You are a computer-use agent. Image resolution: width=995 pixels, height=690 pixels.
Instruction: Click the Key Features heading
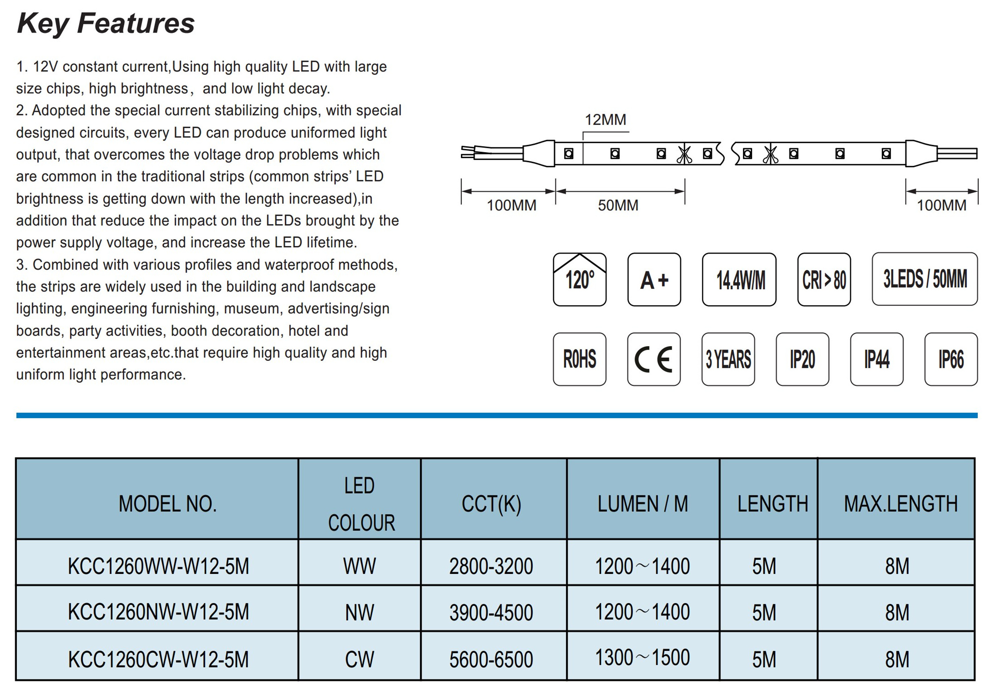pos(106,24)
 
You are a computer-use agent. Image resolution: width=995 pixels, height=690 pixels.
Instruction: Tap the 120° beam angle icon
pos(579,280)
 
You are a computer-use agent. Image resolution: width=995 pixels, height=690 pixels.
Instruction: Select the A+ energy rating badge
pos(654,280)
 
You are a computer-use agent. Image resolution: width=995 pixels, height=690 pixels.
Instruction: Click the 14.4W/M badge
pos(739,280)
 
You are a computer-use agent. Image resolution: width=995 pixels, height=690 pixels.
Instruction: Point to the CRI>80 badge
pos(824,280)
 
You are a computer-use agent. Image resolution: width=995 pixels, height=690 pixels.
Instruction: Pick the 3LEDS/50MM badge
pos(924,279)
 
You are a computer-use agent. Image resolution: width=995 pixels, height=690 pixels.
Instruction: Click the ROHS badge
pos(579,359)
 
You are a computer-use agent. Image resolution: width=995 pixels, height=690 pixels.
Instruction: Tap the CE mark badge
pos(654,359)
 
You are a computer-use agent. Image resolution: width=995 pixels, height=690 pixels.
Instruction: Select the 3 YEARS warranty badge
pos(728,359)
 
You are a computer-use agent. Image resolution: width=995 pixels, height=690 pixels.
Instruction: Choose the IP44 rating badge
pos(877,359)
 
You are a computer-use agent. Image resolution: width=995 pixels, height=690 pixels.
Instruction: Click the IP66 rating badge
pos(951,359)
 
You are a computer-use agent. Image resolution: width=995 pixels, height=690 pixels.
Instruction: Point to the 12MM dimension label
pos(605,120)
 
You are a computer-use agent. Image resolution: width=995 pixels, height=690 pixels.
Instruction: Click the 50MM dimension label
pos(618,205)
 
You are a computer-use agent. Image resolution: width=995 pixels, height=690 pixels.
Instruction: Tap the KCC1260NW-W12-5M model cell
pos(158,612)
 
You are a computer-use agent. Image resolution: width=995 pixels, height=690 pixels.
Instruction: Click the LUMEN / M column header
pos(642,504)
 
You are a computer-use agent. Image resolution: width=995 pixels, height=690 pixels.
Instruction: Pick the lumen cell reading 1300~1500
pos(642,658)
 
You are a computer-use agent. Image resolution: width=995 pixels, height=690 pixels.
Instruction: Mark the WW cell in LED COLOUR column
pos(359,566)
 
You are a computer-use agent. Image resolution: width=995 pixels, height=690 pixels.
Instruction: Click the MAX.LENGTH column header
pos(901,504)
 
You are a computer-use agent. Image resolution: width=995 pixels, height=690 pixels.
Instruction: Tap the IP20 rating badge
pos(802,359)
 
